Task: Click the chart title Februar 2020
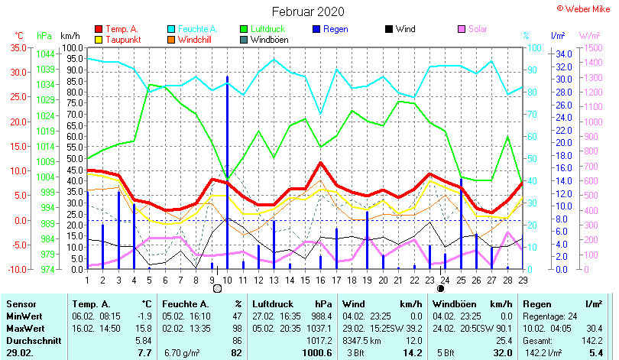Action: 308,11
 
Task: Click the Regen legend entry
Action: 336,29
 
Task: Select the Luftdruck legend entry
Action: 264,29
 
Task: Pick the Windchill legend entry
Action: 196,40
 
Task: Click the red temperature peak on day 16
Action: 321,163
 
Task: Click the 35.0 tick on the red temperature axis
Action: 17,47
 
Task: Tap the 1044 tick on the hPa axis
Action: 45,54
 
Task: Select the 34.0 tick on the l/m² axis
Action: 562,54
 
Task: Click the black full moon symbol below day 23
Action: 441,288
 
